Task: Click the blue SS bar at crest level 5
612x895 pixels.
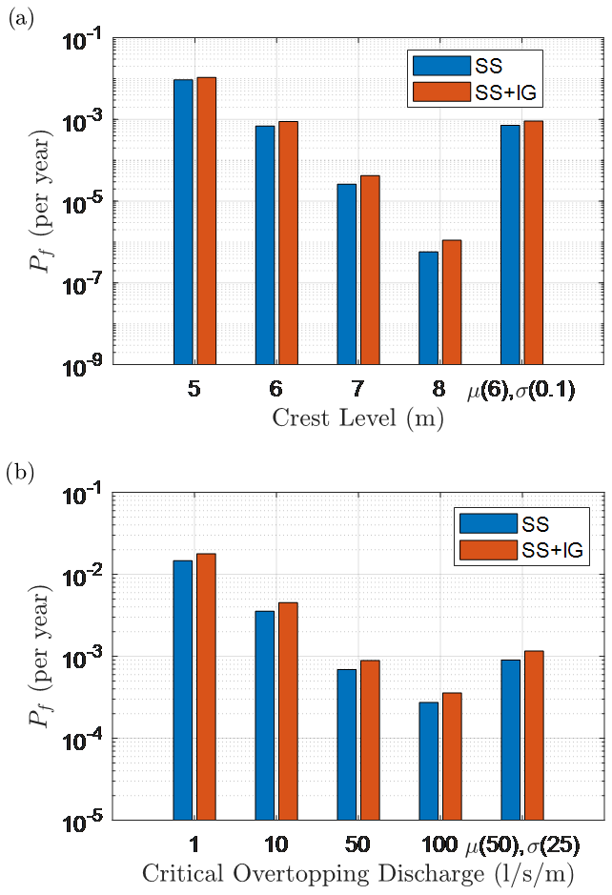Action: (x=183, y=221)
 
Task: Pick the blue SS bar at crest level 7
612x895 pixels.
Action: (x=346, y=274)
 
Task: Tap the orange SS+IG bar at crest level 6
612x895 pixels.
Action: (x=288, y=242)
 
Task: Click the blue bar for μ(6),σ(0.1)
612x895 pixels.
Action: (x=509, y=244)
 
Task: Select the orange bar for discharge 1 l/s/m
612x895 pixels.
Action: (x=206, y=686)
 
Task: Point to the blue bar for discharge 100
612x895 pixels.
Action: (x=428, y=761)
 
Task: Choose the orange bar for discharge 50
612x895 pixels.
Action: (x=370, y=740)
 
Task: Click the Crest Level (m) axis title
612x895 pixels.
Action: (x=357, y=418)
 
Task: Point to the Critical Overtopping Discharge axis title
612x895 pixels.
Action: (x=357, y=874)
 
